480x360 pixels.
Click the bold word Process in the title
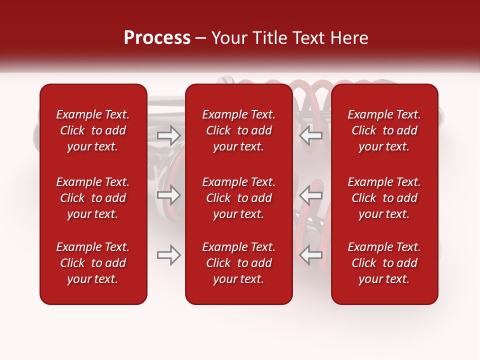click(x=157, y=38)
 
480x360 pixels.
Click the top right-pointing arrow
click(x=168, y=135)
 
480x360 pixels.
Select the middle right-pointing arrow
click(x=168, y=195)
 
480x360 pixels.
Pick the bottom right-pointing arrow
click(x=168, y=255)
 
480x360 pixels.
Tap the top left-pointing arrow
click(x=311, y=135)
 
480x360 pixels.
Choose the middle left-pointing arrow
click(x=311, y=195)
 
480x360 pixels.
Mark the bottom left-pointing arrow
click(x=311, y=255)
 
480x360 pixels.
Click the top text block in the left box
click(x=93, y=130)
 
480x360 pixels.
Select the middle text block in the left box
click(x=93, y=198)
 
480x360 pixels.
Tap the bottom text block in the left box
click(x=93, y=263)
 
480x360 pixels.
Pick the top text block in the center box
click(x=238, y=130)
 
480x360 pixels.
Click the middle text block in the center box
click(x=238, y=198)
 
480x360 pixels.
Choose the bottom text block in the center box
click(x=238, y=263)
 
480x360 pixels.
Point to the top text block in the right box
click(x=384, y=130)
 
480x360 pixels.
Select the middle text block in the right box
click(x=384, y=198)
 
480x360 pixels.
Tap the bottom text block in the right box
click(x=384, y=263)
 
